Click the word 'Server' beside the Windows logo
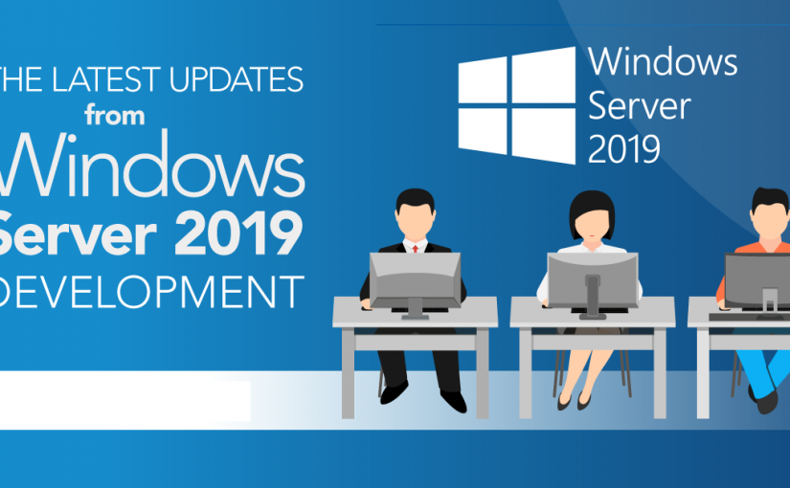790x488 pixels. [x=640, y=105]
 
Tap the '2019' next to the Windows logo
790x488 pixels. [x=624, y=147]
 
